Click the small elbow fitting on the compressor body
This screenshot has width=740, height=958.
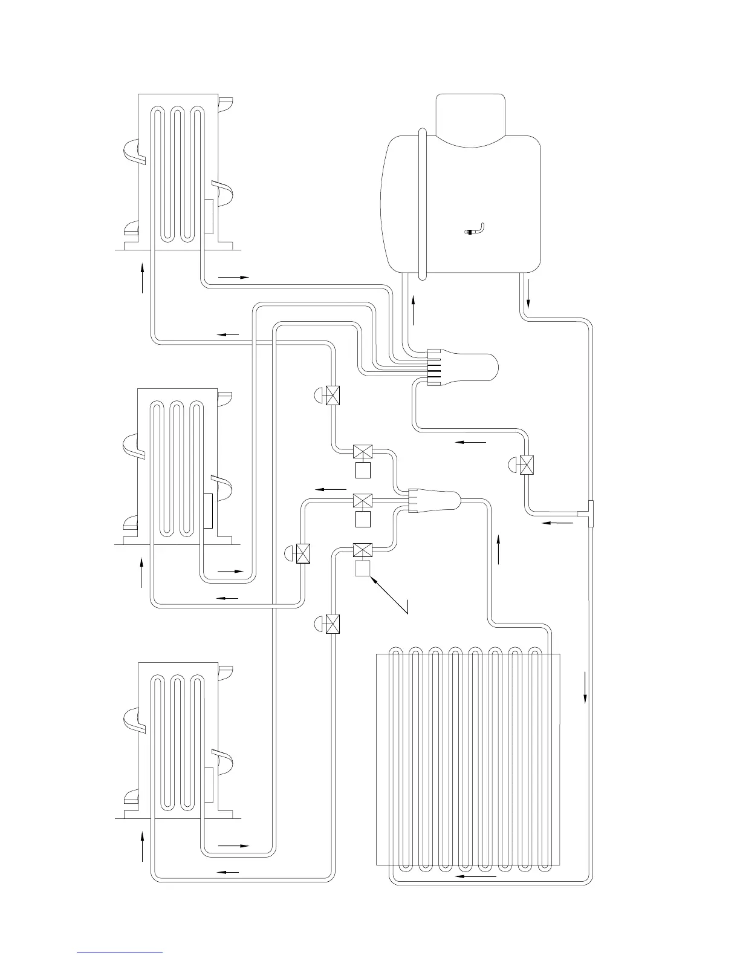(476, 230)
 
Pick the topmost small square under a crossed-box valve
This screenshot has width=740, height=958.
(363, 470)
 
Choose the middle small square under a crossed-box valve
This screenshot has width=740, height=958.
(363, 519)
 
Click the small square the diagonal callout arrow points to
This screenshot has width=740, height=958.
(363, 569)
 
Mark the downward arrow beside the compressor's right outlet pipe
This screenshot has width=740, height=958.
(529, 293)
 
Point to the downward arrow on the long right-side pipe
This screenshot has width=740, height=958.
(585, 686)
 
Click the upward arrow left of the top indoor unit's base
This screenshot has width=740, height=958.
(143, 278)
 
